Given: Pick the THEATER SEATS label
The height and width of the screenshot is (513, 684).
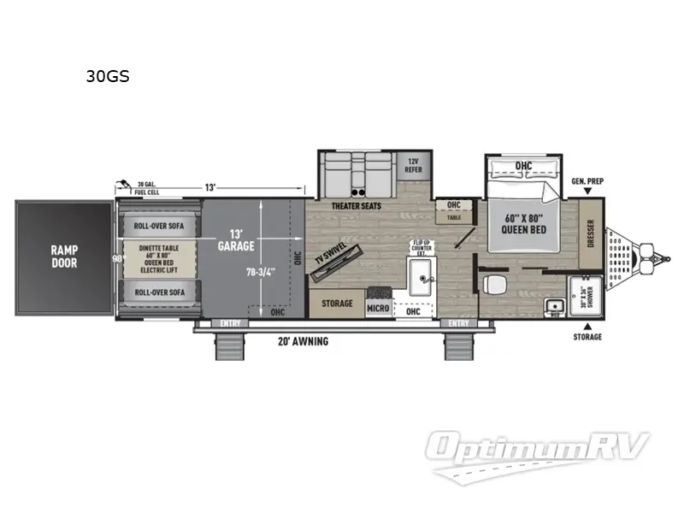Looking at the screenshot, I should point(357,206).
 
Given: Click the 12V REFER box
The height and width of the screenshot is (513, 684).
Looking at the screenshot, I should point(414,164).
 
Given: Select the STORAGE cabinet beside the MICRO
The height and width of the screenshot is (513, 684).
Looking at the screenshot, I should point(336,304).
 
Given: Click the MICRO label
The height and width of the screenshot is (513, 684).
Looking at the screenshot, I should point(377,308).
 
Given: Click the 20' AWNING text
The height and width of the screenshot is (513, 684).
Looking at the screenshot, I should point(304,341).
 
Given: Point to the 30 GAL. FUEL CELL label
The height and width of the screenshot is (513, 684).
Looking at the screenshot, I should point(147,188).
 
